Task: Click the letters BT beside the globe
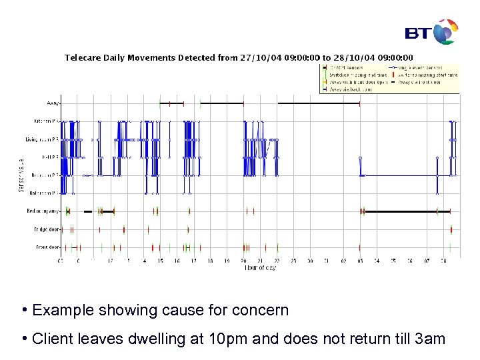(419, 33)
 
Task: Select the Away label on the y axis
(53, 103)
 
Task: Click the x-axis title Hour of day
(260, 268)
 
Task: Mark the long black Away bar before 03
(319, 103)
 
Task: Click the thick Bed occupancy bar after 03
(400, 211)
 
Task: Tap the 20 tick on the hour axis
(244, 261)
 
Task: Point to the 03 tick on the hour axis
(360, 261)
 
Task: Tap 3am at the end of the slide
(430, 339)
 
